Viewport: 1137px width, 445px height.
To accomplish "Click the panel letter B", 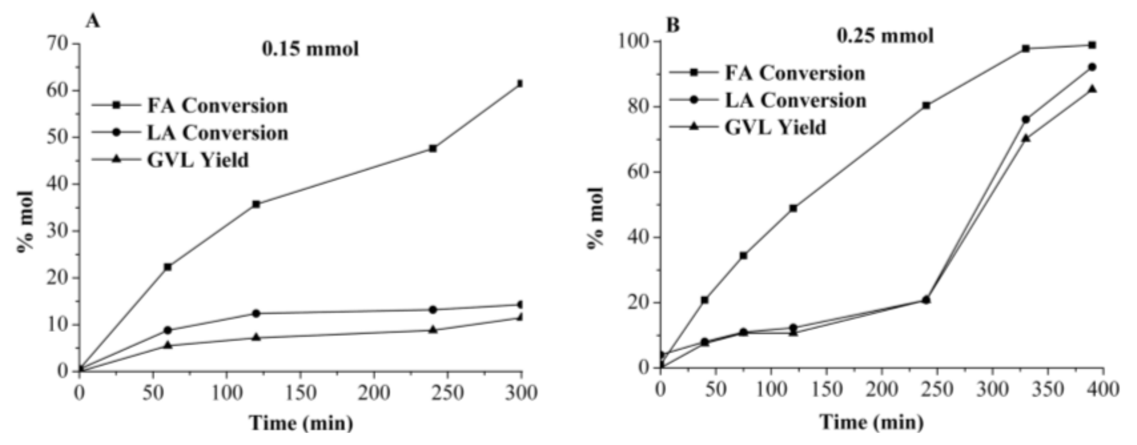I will [x=673, y=25].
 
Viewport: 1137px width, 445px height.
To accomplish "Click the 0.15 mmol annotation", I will [x=310, y=49].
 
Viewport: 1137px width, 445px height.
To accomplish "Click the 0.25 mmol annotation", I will [x=885, y=36].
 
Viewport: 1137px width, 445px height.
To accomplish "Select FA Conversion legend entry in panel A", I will [x=217, y=105].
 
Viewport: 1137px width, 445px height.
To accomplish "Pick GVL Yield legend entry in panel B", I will [x=775, y=128].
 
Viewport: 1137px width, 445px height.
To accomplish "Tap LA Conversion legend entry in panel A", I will [x=217, y=133].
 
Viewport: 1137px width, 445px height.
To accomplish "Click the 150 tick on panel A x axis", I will [x=300, y=393].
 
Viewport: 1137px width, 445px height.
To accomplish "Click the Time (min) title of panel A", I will [x=301, y=423].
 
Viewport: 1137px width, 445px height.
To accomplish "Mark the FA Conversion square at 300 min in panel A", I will [x=521, y=83].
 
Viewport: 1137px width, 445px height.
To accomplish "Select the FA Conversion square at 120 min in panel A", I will [x=256, y=204].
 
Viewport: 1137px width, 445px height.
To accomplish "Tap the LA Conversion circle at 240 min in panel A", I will [x=433, y=310].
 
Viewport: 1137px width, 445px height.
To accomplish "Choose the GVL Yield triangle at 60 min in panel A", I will [x=168, y=345].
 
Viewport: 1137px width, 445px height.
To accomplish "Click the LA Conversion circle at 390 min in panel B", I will [x=1092, y=67].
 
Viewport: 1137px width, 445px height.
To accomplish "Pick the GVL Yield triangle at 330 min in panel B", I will [x=1025, y=138].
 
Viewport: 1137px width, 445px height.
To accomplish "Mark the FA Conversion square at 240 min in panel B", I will [x=926, y=105].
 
